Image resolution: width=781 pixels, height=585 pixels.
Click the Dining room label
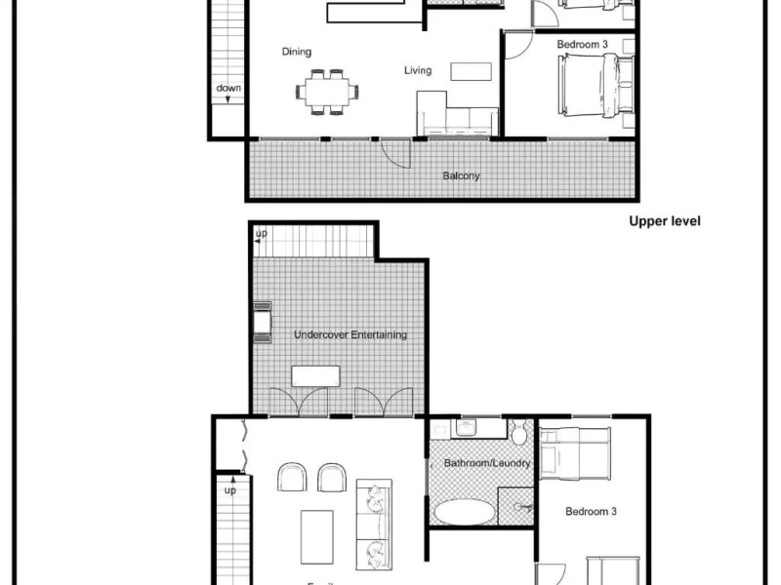tap(296, 52)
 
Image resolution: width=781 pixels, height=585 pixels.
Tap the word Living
tap(418, 70)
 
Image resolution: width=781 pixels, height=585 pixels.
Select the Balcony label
tap(461, 176)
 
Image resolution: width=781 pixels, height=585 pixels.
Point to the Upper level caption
tap(665, 221)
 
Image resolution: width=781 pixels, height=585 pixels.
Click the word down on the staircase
tap(228, 89)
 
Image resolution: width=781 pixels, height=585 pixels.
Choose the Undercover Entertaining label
tap(350, 334)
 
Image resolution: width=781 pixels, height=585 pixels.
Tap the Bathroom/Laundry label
tap(487, 463)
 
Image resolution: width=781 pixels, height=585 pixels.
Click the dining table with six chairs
tap(327, 92)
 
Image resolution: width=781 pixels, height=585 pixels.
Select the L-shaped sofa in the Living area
tap(454, 115)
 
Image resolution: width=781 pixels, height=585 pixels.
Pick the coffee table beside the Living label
tap(472, 71)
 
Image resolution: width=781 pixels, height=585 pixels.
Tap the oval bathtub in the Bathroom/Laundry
tap(465, 512)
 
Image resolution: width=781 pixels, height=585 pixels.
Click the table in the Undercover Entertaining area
tap(315, 376)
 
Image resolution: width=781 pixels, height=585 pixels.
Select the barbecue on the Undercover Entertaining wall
tap(262, 323)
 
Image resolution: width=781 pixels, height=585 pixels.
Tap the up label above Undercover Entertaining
tap(261, 235)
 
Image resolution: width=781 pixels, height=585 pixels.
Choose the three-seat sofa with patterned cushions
tap(373, 524)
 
